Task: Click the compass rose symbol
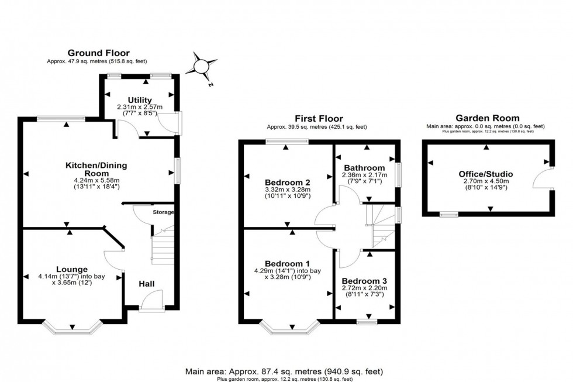[202, 66]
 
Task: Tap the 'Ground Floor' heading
[99, 53]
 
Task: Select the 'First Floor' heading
[319, 119]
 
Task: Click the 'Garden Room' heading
[486, 119]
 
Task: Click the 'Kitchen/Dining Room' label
[96, 170]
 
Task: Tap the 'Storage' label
[164, 212]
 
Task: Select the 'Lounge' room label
[72, 269]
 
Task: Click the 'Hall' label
[147, 284]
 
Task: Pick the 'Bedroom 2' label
[287, 181]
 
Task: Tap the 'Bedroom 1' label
[287, 263]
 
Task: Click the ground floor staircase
[163, 246]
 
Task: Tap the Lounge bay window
[72, 328]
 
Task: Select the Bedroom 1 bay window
[291, 328]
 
